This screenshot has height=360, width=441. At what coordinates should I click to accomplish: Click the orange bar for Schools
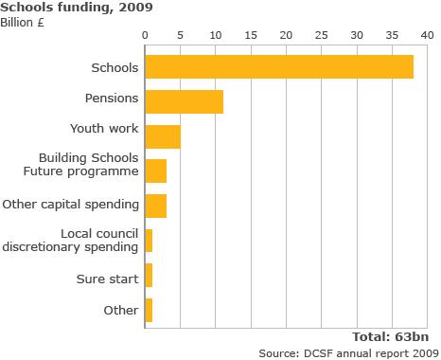tap(279, 67)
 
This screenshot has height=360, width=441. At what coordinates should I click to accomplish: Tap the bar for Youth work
tap(163, 136)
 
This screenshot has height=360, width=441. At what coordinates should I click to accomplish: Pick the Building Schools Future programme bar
tap(156, 171)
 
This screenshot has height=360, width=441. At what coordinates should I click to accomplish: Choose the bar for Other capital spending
tap(156, 206)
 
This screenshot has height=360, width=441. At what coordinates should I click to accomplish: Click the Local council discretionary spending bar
tap(149, 241)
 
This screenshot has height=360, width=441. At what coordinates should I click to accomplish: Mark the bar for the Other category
tap(149, 310)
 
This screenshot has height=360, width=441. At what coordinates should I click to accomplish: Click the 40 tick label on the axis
tap(427, 35)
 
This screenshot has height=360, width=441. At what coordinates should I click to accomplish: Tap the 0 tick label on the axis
tap(146, 35)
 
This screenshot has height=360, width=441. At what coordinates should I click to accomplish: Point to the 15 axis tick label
tap(251, 35)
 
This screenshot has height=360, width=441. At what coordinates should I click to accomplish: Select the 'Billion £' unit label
tap(23, 22)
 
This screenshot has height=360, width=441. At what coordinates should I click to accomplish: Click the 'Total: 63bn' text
tap(391, 336)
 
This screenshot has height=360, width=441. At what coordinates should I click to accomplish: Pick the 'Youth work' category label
tap(104, 128)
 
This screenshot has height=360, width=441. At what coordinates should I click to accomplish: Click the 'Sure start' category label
tap(108, 279)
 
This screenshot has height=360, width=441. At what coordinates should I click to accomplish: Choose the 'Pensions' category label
tap(113, 98)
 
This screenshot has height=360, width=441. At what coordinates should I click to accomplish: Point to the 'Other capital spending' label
tap(71, 204)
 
